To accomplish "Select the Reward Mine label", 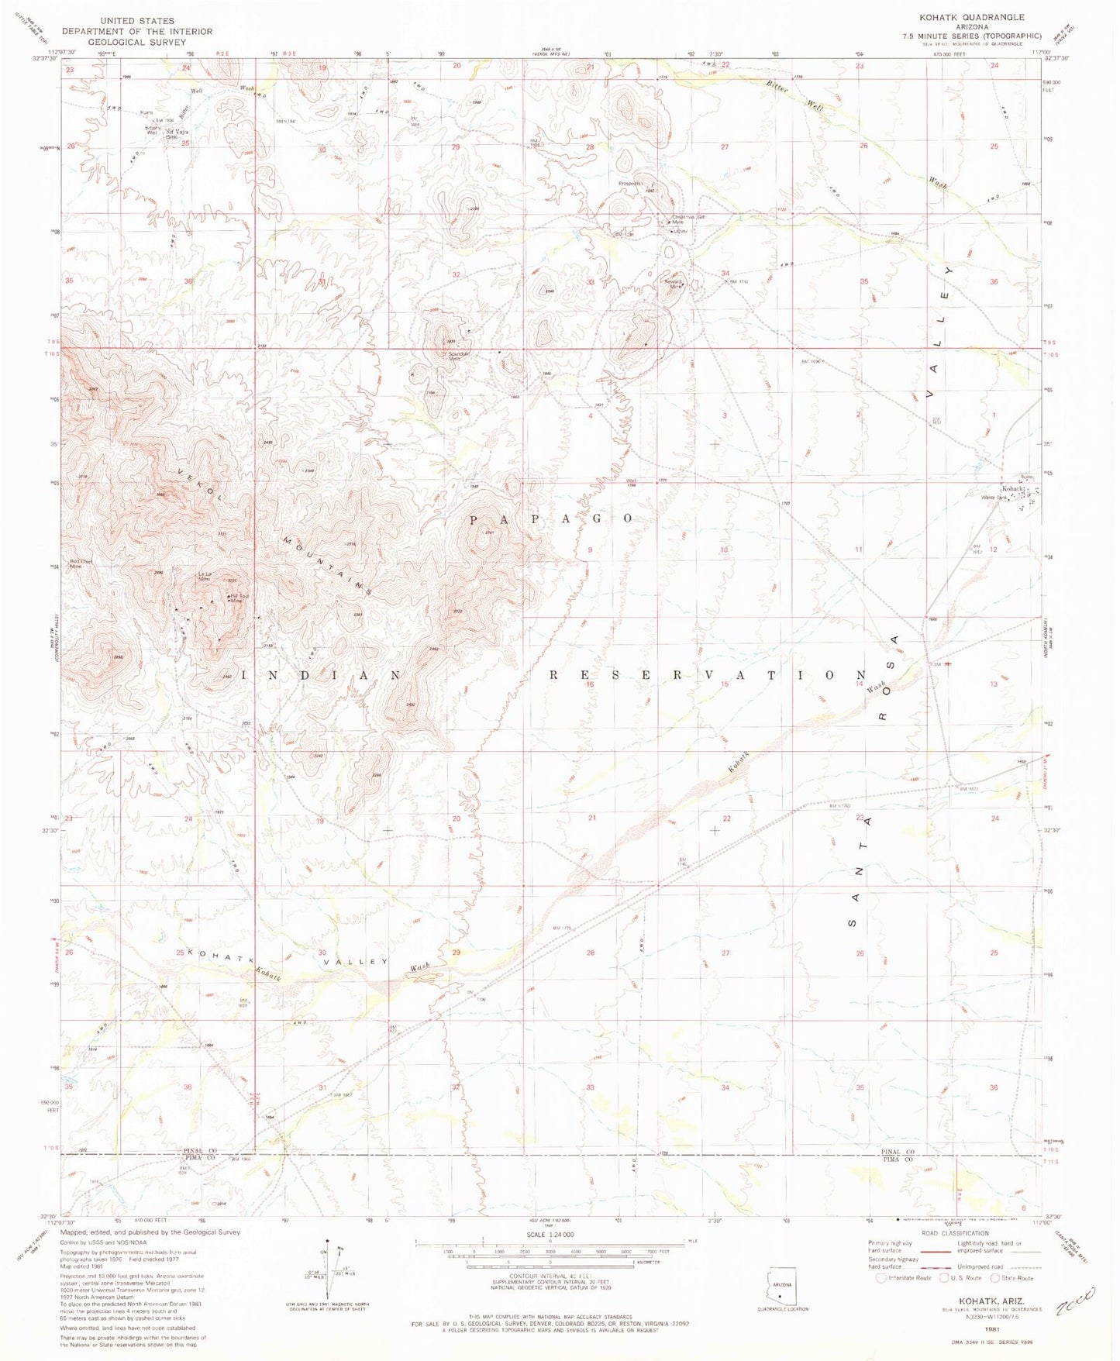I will tap(672, 284).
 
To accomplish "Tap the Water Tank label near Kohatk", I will tap(994, 498).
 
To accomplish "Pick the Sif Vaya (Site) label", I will tap(177, 133).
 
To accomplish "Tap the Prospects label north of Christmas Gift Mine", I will tap(630, 184).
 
